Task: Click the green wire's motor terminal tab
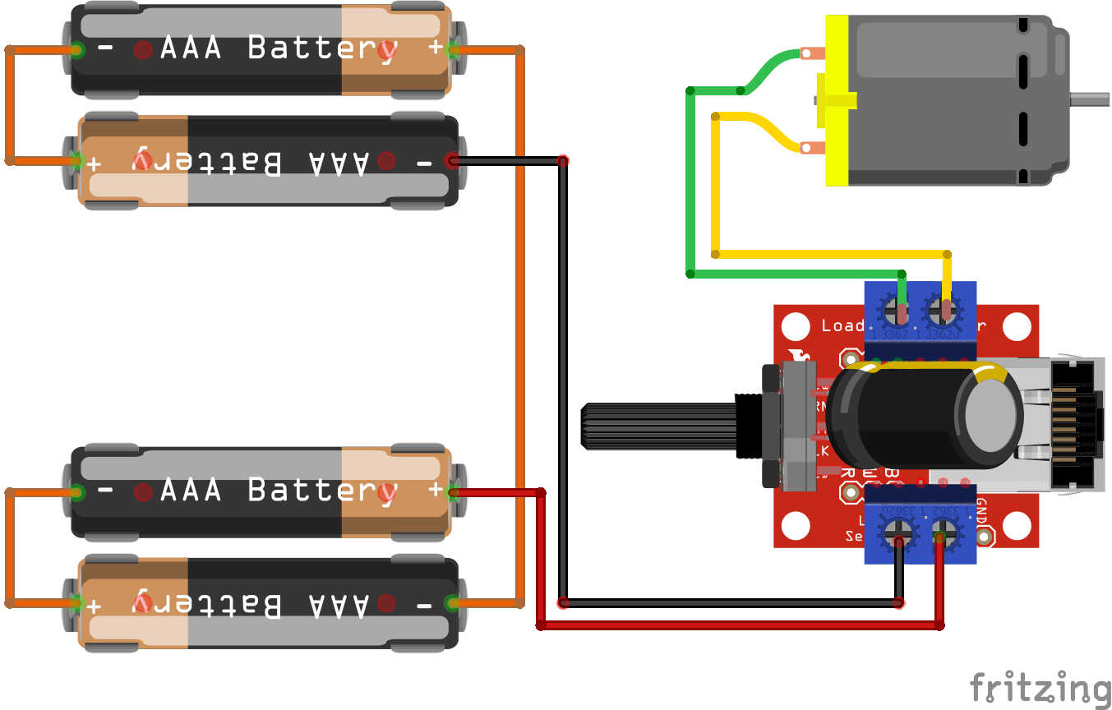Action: pyautogui.click(x=811, y=54)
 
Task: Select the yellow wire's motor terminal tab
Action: pyautogui.click(x=812, y=148)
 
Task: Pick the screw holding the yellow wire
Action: pyautogui.click(x=943, y=311)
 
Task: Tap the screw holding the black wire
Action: pyautogui.click(x=895, y=535)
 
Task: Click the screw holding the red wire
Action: pyautogui.click(x=944, y=535)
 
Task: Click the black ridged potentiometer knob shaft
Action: pyautogui.click(x=658, y=426)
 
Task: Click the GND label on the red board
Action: pyautogui.click(x=981, y=509)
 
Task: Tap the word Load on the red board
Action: pyautogui.click(x=842, y=325)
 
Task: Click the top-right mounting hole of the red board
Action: pyautogui.click(x=1017, y=327)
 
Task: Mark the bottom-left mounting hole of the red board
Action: pyautogui.click(x=795, y=526)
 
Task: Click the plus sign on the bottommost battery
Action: pyautogui.click(x=94, y=606)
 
